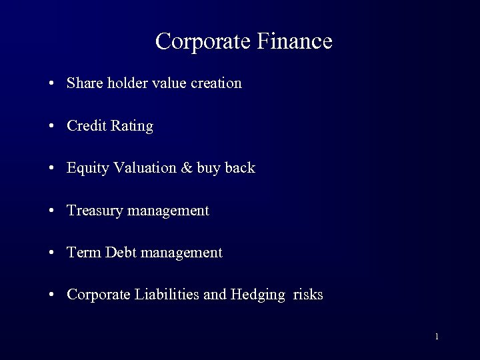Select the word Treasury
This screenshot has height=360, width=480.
tap(95, 211)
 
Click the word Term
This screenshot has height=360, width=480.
tap(82, 253)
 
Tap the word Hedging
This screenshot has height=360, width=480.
tap(258, 295)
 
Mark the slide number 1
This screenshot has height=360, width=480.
tap(436, 337)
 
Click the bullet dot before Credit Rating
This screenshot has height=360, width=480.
tap(51, 126)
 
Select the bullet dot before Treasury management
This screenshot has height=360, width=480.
tap(51, 211)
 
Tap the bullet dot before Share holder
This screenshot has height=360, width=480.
tap(51, 84)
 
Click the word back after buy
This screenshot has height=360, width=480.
tap(241, 168)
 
